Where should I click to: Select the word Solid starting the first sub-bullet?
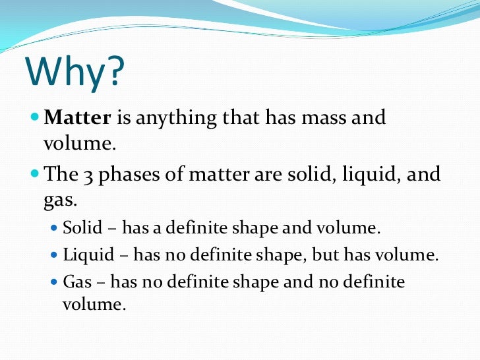82,228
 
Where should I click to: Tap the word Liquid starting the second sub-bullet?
86,255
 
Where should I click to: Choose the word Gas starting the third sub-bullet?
77,282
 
